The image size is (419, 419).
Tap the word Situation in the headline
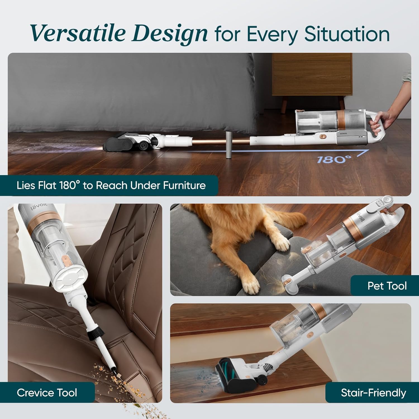(x=347, y=34)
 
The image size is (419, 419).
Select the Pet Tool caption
(x=387, y=286)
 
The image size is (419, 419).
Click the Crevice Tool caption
(x=47, y=392)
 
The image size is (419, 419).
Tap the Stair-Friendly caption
(x=373, y=393)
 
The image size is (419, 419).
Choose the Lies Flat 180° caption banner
(x=111, y=185)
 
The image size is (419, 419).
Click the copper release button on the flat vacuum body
(x=323, y=137)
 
